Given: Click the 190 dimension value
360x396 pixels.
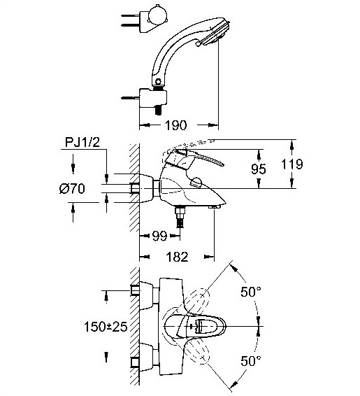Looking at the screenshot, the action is (x=176, y=125).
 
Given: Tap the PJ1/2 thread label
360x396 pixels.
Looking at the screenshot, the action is (x=82, y=143).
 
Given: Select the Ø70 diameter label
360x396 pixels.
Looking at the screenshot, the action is (x=72, y=189).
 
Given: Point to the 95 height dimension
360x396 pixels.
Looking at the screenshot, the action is (x=259, y=169).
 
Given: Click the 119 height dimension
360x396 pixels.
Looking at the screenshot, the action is (x=292, y=164).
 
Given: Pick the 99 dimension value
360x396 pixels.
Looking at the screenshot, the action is (x=159, y=236).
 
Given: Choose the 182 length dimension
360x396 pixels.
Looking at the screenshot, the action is (x=177, y=257).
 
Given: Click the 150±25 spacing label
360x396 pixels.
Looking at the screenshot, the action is (x=106, y=327).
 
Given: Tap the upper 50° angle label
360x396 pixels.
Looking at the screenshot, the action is (x=251, y=292).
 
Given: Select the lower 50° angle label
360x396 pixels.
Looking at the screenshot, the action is (x=251, y=360).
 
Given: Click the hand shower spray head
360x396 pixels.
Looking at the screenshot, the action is (x=215, y=31).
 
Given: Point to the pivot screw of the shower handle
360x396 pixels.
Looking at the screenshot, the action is (x=158, y=82).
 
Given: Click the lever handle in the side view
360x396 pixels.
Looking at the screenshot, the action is (x=194, y=159).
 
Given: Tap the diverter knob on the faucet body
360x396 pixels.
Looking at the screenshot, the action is (x=196, y=182).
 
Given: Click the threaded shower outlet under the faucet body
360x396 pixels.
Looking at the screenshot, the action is (x=180, y=216).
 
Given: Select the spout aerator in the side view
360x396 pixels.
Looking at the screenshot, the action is (x=214, y=207).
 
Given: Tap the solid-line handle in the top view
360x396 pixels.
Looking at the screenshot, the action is (x=194, y=326).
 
